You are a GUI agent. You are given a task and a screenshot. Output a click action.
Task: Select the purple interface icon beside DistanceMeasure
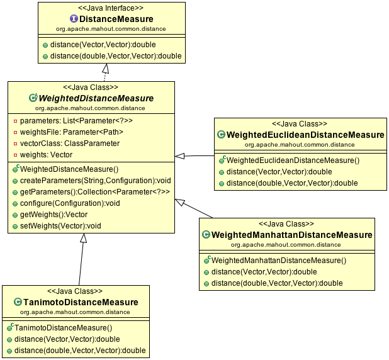click(x=74, y=19)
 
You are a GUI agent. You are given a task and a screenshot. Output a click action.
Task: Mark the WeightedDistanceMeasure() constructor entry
click(x=69, y=169)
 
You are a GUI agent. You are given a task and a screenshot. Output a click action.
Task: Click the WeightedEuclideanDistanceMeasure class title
click(x=305, y=135)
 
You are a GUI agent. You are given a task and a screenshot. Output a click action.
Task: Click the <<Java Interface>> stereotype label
click(x=111, y=9)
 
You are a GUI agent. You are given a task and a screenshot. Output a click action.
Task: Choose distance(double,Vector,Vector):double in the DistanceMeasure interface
click(x=116, y=57)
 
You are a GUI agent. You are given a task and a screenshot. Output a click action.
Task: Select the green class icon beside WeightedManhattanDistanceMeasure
click(x=206, y=235)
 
